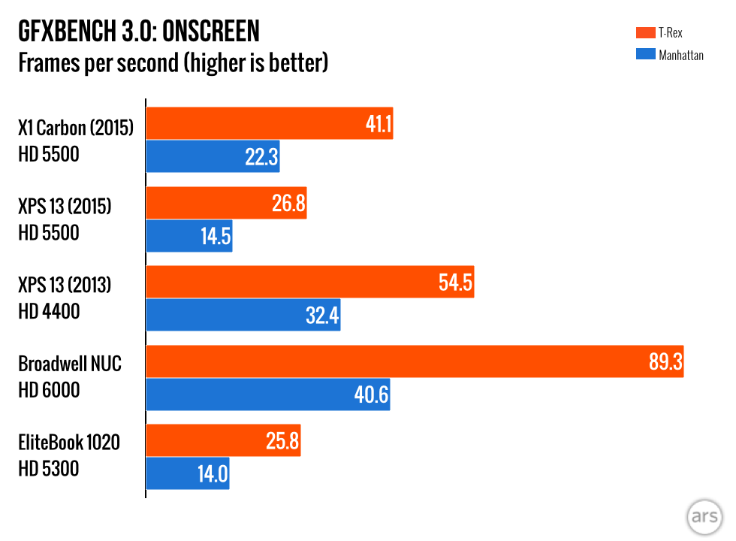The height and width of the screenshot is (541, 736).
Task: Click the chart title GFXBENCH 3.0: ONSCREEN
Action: (x=139, y=32)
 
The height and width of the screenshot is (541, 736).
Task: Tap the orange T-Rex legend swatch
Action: (x=644, y=32)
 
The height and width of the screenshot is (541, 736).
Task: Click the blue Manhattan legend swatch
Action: (x=644, y=54)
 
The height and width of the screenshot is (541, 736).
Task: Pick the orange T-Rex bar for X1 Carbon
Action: (x=269, y=123)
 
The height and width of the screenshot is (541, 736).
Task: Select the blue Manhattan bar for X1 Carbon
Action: (x=213, y=156)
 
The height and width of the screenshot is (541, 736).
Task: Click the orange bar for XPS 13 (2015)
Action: (x=226, y=203)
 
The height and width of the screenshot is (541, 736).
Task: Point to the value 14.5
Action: (x=216, y=236)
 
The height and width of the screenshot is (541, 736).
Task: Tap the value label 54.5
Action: (x=455, y=283)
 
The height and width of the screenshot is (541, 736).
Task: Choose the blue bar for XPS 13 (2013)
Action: (x=243, y=315)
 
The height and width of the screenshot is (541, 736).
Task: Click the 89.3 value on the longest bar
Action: (x=665, y=362)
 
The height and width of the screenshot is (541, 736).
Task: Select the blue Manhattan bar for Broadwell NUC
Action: (x=267, y=394)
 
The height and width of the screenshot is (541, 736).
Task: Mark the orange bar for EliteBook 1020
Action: (x=223, y=441)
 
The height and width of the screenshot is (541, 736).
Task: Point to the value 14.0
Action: (x=213, y=474)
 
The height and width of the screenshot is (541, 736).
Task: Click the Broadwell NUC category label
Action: (x=70, y=364)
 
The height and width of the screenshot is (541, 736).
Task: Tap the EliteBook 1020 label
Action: (x=69, y=443)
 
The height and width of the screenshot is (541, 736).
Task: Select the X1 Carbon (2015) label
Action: (x=76, y=128)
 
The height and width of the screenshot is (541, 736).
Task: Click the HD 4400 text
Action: (x=49, y=311)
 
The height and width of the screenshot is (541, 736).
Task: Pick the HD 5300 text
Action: (x=49, y=470)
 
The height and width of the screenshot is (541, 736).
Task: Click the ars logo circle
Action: (x=704, y=518)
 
